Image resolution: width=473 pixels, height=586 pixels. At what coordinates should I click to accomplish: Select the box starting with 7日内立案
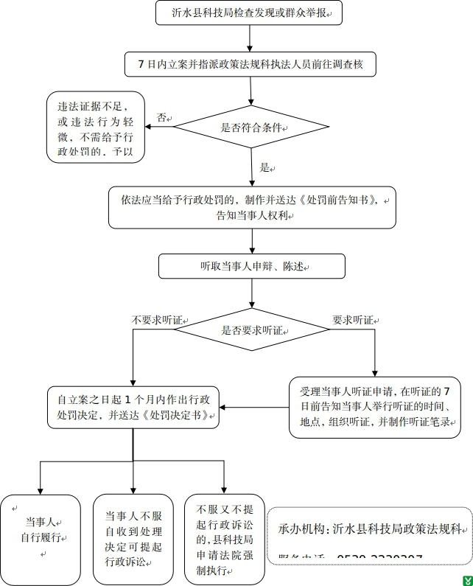click(x=250, y=65)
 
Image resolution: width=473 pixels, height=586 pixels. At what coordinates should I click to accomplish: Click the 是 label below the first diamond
click(x=265, y=167)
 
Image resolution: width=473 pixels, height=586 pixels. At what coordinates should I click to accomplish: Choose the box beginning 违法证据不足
click(x=95, y=127)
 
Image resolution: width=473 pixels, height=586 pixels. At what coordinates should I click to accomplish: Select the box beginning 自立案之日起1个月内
click(x=133, y=408)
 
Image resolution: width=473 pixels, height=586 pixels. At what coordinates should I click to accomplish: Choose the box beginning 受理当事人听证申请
click(x=374, y=407)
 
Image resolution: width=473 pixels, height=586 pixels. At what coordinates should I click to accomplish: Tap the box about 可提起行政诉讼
click(x=133, y=539)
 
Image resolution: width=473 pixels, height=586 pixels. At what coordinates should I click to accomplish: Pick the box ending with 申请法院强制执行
click(x=224, y=539)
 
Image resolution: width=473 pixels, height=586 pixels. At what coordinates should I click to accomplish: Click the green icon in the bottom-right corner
click(x=466, y=579)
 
